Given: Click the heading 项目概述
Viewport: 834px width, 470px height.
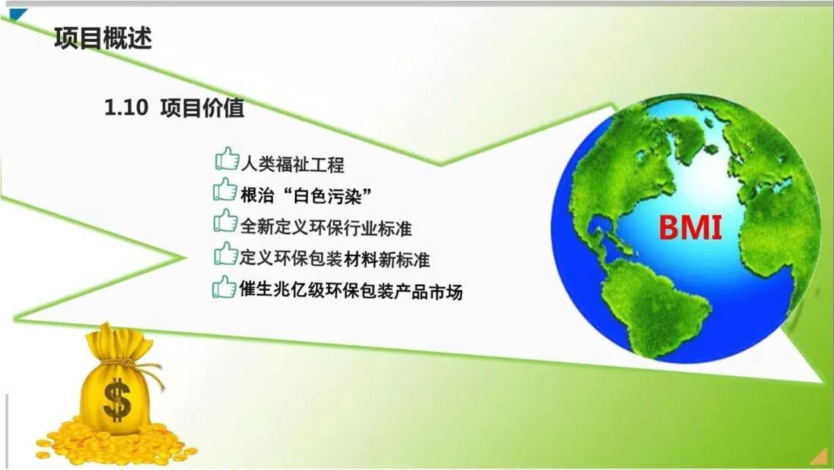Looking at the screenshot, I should point(103,38).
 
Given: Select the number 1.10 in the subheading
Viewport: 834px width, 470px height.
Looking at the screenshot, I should point(126,109).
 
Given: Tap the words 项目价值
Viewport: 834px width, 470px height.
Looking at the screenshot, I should point(202,109).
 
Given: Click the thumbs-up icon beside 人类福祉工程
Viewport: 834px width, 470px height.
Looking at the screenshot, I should point(227,160).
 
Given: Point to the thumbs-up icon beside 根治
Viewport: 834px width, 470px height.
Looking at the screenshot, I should point(225,191).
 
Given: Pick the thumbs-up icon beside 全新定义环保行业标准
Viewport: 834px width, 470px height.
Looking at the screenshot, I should point(225,223).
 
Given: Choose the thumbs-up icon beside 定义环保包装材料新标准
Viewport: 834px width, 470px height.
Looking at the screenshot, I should point(225,254).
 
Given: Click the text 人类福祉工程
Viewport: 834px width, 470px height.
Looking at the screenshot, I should point(292,164).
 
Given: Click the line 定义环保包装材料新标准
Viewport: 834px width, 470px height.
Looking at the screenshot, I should point(334,258).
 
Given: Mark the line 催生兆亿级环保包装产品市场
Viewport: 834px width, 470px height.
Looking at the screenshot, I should point(351,291).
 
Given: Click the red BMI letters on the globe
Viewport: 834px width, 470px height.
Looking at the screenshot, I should point(690,228).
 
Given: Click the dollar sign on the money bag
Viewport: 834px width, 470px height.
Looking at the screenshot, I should point(117,399).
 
